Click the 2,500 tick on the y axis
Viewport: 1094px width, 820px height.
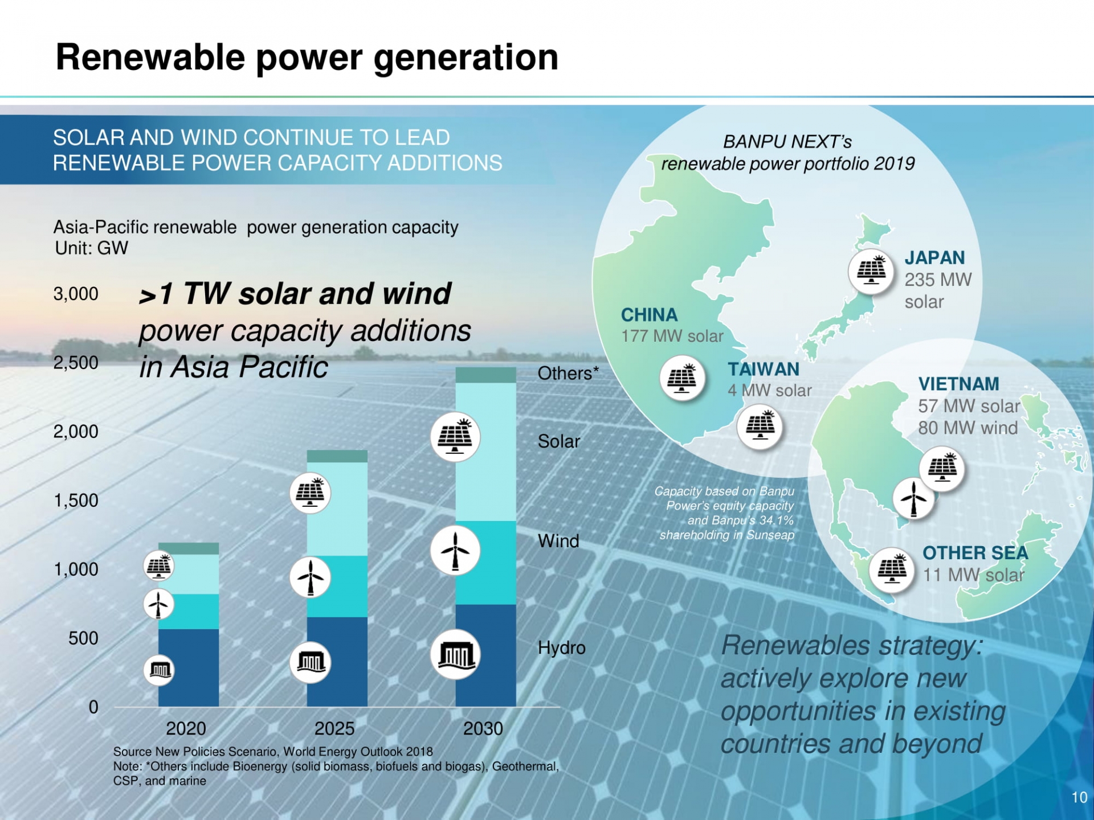(x=76, y=363)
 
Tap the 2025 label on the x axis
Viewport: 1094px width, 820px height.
(x=334, y=728)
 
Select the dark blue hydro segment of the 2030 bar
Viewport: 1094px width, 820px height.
(x=485, y=655)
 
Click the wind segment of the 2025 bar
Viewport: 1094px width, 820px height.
(x=337, y=587)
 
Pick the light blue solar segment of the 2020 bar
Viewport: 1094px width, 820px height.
(x=189, y=574)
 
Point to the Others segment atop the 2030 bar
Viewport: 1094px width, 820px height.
(x=485, y=375)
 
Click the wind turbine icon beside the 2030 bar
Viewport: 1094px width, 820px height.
(x=455, y=551)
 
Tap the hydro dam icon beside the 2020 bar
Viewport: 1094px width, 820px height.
(x=159, y=670)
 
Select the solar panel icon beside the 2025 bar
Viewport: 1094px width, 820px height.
(x=310, y=493)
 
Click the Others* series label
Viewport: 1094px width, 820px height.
(x=568, y=374)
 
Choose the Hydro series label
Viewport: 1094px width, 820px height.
(x=561, y=648)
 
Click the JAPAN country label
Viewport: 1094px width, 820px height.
(x=934, y=258)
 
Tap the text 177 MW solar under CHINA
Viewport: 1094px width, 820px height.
(x=672, y=336)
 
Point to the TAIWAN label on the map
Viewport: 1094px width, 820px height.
(x=764, y=369)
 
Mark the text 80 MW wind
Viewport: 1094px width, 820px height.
(x=968, y=428)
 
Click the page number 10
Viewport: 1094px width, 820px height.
(x=1079, y=797)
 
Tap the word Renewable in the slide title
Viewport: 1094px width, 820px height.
(x=150, y=58)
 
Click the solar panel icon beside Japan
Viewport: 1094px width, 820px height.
(x=871, y=271)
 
